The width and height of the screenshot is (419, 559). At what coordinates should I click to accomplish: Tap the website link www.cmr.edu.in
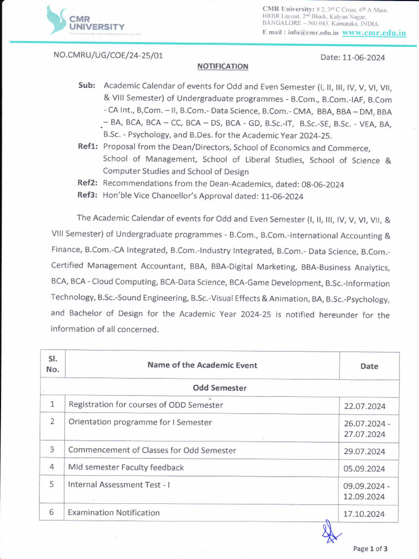[x=374, y=32]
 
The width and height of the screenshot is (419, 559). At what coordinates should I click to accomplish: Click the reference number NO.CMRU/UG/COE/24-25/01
[x=107, y=55]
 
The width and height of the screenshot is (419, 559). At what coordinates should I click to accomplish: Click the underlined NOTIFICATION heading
[x=223, y=66]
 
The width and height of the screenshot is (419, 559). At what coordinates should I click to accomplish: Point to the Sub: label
[x=87, y=86]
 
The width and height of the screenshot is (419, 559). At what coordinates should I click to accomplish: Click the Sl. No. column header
[x=52, y=365]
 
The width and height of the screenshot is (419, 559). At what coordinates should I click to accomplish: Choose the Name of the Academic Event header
[x=202, y=365]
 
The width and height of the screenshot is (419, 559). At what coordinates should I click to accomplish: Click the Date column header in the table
[x=369, y=366]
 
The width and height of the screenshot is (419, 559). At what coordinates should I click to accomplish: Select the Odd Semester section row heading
[x=219, y=388]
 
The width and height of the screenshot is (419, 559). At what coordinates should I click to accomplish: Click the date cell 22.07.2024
[x=364, y=406]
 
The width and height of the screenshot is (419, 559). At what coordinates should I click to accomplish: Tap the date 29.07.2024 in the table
[x=364, y=451]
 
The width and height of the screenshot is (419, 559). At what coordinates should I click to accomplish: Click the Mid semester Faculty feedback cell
[x=126, y=467]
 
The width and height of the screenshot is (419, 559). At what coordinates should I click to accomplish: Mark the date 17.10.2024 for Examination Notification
[x=364, y=514]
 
